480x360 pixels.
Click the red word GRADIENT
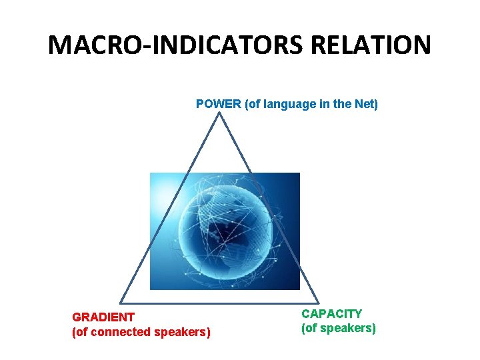tap(103, 317)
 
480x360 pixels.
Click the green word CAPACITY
tap(331, 313)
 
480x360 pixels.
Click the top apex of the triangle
tap(219, 113)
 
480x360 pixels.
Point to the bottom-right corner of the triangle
tap(319, 304)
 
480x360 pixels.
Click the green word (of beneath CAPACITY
tap(309, 328)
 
